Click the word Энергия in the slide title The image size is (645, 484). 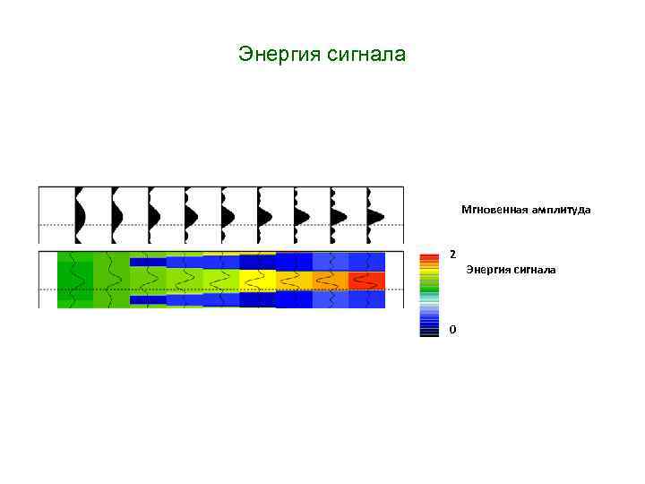click(x=274, y=56)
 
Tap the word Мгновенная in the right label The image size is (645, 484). click(x=494, y=210)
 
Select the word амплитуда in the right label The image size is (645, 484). click(x=561, y=210)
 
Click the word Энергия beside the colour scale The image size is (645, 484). click(x=489, y=269)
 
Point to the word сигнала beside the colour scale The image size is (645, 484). click(x=535, y=269)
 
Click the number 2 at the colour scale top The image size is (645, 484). click(x=452, y=254)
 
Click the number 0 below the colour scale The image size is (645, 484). click(x=452, y=329)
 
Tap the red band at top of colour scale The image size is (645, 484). click(x=429, y=256)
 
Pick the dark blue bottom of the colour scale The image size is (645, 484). click(x=429, y=332)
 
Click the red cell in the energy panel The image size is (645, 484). click(x=366, y=281)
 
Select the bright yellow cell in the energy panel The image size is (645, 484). click(x=257, y=281)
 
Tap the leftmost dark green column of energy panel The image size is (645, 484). click(x=75, y=281)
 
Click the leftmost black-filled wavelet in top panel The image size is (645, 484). click(x=80, y=216)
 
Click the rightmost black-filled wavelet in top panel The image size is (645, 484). click(x=374, y=216)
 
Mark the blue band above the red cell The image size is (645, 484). click(x=366, y=262)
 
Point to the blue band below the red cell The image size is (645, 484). click(x=366, y=298)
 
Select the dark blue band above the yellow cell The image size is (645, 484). click(x=257, y=262)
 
